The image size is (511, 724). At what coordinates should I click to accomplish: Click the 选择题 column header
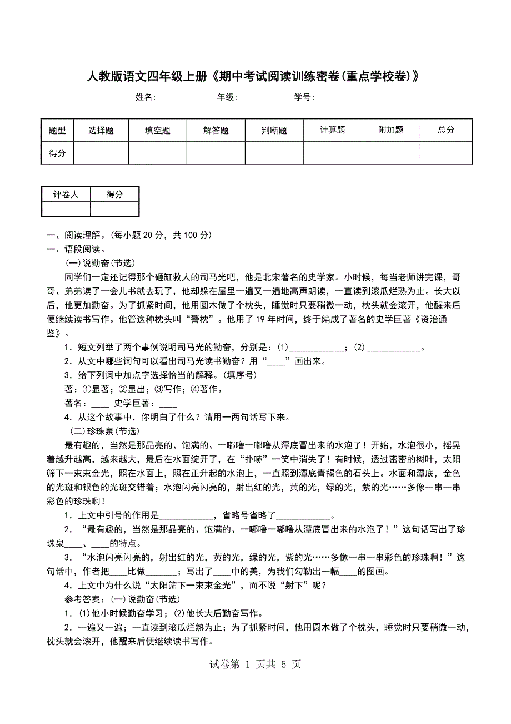101,130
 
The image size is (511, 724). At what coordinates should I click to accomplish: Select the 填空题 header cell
158,130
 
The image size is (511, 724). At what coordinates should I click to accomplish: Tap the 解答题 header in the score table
216,130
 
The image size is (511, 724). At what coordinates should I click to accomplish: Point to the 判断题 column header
274,130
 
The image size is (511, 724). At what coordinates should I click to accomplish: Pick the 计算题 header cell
333,130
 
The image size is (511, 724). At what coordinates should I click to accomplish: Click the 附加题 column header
391,130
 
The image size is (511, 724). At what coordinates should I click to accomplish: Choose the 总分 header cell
446,130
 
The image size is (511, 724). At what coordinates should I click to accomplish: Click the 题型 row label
57,130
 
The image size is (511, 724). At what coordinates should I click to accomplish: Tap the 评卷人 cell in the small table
66,194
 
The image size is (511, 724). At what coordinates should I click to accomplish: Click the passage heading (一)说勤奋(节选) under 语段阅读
101,263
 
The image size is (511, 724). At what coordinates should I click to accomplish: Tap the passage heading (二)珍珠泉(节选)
104,431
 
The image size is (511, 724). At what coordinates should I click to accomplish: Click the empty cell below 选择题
101,153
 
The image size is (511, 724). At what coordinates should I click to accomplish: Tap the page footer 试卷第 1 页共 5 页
255,664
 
